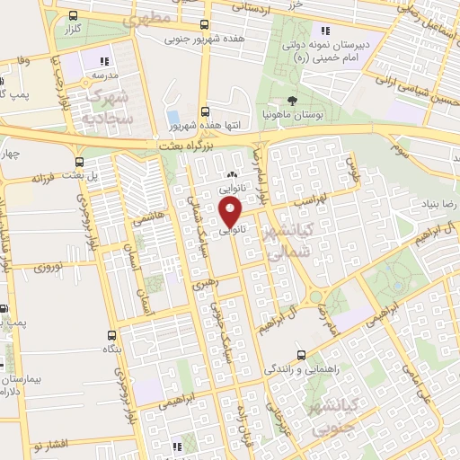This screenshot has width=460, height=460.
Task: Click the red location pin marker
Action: coord(231,211)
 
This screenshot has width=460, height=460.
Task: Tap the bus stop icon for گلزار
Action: coord(72,15)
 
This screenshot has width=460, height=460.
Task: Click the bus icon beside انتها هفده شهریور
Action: coord(206,112)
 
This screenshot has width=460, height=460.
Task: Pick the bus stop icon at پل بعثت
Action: coord(80,163)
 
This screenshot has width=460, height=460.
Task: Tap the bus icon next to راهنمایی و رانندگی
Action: coord(302,352)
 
